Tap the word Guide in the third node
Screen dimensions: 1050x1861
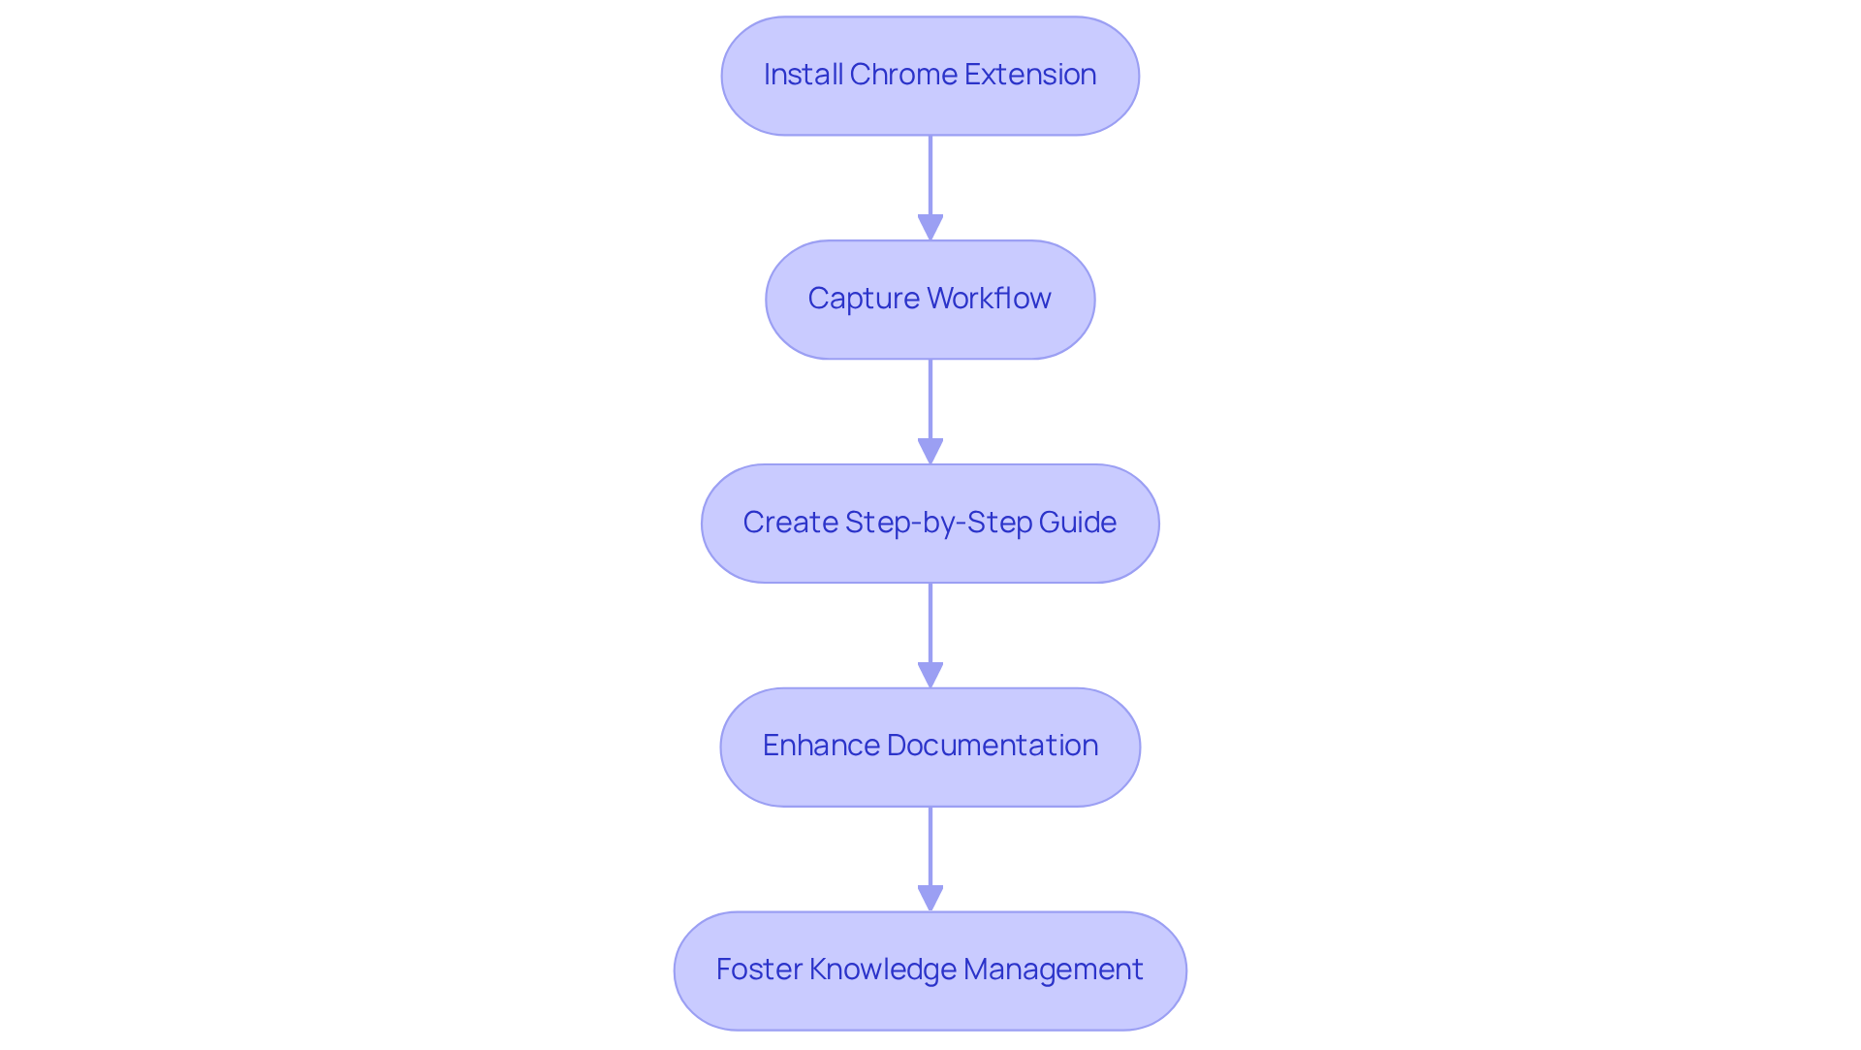pos(1077,523)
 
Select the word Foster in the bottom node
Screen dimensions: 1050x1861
pos(758,970)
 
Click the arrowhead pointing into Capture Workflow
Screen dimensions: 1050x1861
pos(930,227)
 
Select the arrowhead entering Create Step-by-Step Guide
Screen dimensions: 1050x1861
pos(930,451)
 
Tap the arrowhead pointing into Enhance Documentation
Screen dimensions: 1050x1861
pos(930,675)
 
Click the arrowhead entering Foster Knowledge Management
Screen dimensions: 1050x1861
pos(930,898)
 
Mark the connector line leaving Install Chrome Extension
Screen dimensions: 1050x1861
pos(930,175)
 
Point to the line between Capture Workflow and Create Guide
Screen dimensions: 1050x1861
pos(930,398)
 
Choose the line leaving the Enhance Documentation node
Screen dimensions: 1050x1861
pos(930,845)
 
